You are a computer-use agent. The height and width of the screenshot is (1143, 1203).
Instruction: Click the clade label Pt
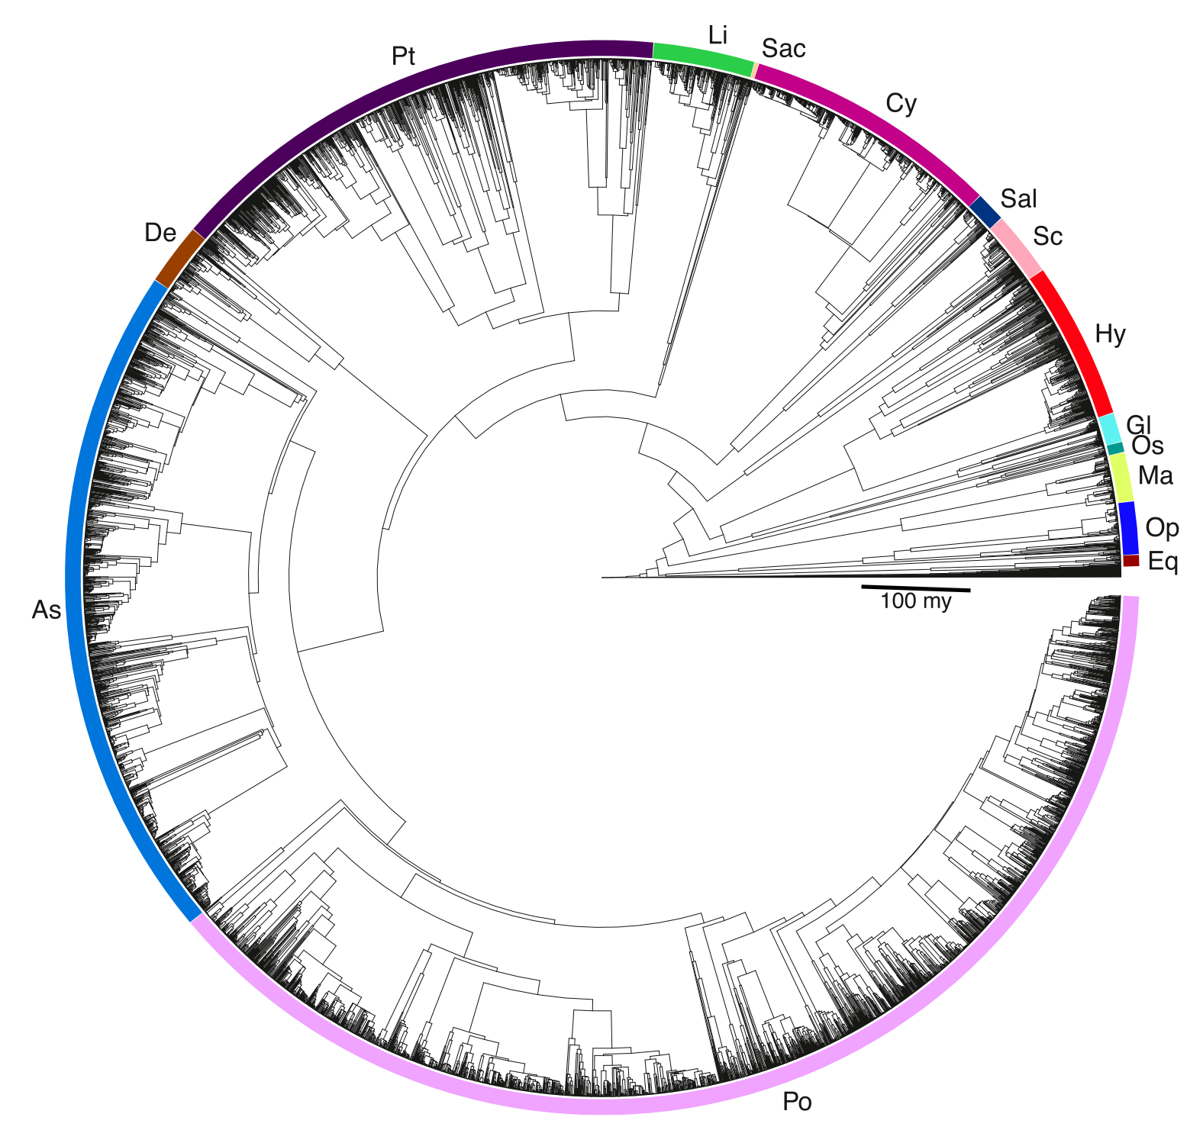click(403, 56)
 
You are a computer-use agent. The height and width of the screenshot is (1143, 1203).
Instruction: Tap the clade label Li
click(718, 35)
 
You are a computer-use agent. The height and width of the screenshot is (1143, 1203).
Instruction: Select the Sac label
click(783, 49)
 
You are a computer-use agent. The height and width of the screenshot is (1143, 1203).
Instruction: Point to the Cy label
click(901, 104)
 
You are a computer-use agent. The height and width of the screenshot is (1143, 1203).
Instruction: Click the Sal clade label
click(1018, 199)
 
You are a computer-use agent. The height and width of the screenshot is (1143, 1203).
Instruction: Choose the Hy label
click(1110, 334)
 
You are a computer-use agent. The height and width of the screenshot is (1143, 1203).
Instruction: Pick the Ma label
click(1155, 476)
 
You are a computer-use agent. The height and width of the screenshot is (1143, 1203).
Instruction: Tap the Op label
click(1162, 528)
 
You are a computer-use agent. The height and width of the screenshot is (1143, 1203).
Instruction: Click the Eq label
click(1163, 562)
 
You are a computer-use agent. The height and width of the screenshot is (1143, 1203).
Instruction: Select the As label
click(47, 610)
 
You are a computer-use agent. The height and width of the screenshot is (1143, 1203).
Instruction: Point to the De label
click(160, 233)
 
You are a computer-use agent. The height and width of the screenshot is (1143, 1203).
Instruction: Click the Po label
click(797, 1102)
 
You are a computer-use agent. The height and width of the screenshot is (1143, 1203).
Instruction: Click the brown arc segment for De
click(180, 256)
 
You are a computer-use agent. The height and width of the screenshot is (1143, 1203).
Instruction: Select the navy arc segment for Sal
click(985, 211)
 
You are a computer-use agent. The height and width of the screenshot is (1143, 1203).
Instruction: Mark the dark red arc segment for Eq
click(1130, 561)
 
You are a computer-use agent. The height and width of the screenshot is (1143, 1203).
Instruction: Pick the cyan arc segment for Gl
click(1108, 428)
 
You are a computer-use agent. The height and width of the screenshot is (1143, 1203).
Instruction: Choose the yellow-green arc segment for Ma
click(1121, 478)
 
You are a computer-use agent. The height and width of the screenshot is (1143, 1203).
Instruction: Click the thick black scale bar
click(915, 588)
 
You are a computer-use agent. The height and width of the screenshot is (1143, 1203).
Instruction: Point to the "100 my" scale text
click(915, 601)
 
